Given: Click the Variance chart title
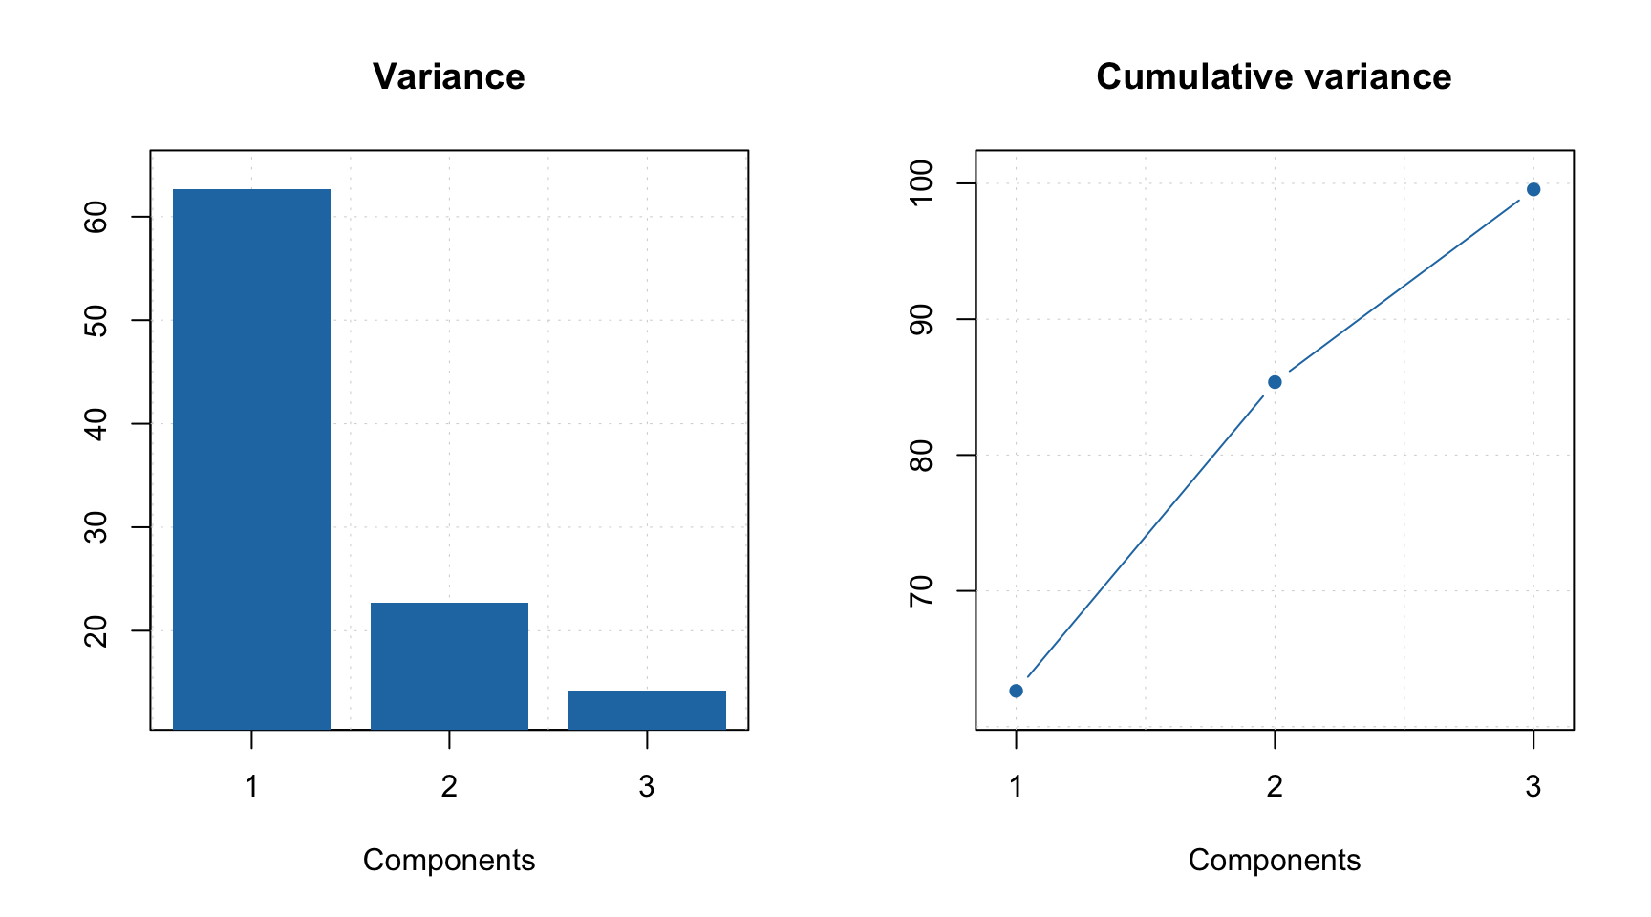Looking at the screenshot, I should click(x=448, y=76).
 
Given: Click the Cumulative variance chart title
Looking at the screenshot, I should click(x=1273, y=76).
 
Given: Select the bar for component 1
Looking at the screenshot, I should click(x=251, y=458).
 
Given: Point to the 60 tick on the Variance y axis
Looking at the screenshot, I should click(x=96, y=217).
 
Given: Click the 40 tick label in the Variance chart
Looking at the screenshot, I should click(x=96, y=423).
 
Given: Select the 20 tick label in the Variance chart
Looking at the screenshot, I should click(x=96, y=630).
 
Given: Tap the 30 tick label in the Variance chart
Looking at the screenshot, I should click(x=96, y=527).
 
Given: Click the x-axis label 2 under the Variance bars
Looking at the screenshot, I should click(x=449, y=787).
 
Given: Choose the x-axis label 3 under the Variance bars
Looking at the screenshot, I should click(x=647, y=787).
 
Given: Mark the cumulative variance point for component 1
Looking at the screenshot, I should click(x=1016, y=691).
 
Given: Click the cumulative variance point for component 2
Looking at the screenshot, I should click(x=1275, y=382).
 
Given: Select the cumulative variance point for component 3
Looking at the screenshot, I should click(x=1533, y=189).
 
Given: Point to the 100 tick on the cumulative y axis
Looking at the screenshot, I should click(x=921, y=183).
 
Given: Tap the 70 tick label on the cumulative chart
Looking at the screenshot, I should click(x=921, y=591).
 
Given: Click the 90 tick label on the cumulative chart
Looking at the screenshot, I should click(x=921, y=319).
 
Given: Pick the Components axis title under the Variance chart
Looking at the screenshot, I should click(x=448, y=861).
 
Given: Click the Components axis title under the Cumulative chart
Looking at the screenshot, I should click(x=1274, y=861).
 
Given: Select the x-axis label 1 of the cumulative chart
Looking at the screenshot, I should click(x=1016, y=787).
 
